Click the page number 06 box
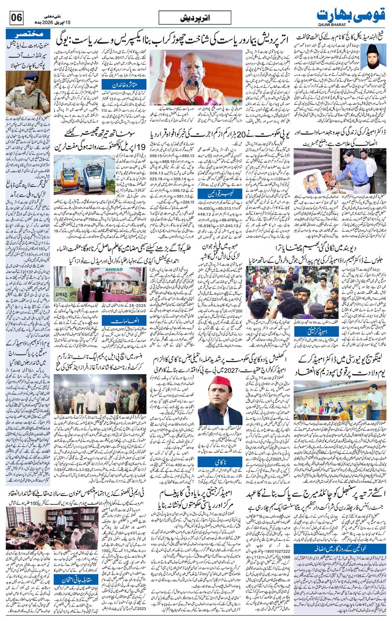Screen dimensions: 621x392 pos(17,18)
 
